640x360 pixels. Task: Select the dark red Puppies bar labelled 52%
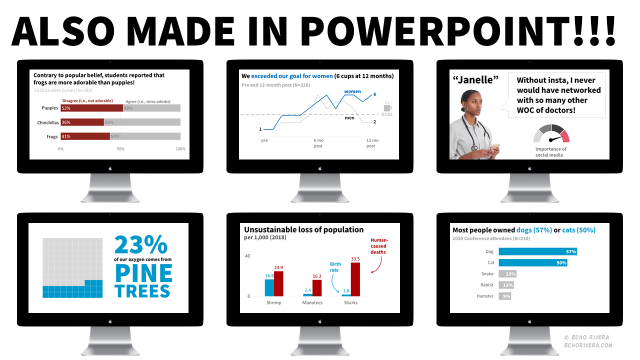92,108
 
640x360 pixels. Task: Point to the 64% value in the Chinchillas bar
109,122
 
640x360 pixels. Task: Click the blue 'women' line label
352,91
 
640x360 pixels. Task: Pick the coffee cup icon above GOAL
387,107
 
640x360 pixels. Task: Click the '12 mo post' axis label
370,143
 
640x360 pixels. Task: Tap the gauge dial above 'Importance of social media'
551,133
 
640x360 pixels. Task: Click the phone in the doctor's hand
495,146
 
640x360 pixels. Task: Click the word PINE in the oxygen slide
143,273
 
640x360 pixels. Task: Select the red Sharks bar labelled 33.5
355,279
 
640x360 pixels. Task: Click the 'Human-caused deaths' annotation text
379,246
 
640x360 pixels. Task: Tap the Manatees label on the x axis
312,302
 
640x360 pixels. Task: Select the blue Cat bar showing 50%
532,262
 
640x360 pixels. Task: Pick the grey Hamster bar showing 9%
504,296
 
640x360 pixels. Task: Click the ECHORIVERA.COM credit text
588,345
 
